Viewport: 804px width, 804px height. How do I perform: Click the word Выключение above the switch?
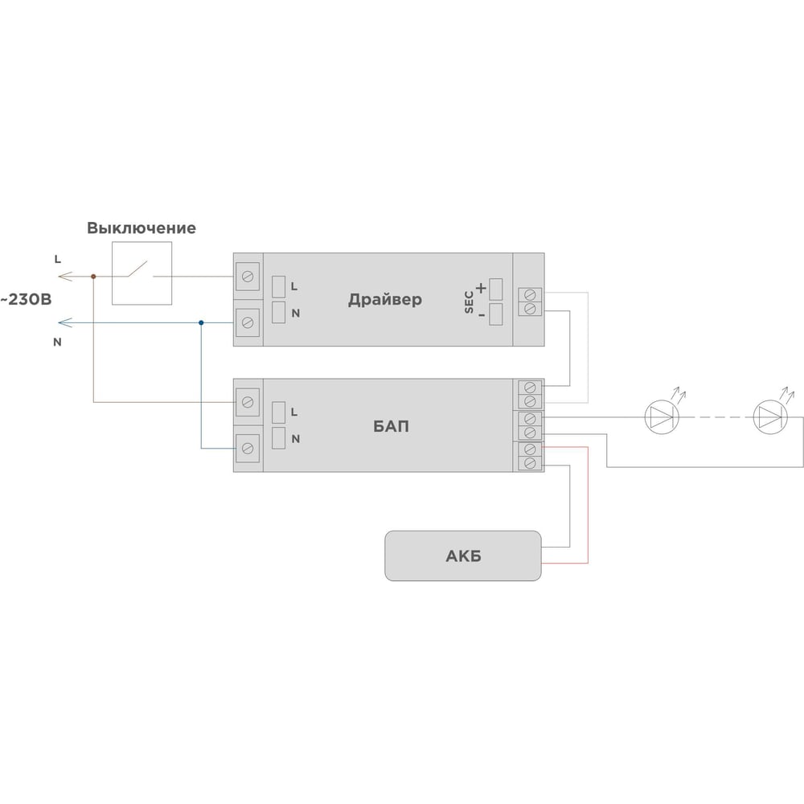(x=141, y=228)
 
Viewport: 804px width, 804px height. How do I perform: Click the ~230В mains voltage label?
(x=26, y=299)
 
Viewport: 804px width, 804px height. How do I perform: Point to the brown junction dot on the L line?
(x=93, y=277)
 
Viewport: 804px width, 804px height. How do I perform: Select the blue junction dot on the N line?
(x=201, y=322)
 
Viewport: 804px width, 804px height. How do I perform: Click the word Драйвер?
(x=385, y=299)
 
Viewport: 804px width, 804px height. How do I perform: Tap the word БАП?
(x=391, y=426)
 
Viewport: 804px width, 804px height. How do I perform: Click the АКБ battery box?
(x=463, y=556)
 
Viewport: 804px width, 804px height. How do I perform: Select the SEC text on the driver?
(x=469, y=302)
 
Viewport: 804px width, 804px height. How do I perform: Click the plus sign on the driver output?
(x=481, y=288)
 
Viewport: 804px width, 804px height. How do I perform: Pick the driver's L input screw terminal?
(x=248, y=277)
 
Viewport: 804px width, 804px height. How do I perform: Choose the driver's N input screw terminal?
(x=248, y=322)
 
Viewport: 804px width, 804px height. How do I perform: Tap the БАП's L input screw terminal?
(x=248, y=403)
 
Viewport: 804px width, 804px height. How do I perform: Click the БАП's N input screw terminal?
(x=248, y=449)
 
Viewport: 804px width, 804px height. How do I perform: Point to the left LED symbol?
(x=662, y=416)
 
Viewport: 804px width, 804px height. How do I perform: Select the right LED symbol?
(x=770, y=416)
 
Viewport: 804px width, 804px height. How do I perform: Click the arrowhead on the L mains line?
(x=64, y=277)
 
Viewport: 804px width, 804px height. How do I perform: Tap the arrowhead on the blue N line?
(x=64, y=322)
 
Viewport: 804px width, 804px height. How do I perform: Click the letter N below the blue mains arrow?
(x=57, y=342)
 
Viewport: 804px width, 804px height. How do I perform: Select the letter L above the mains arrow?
(x=57, y=260)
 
